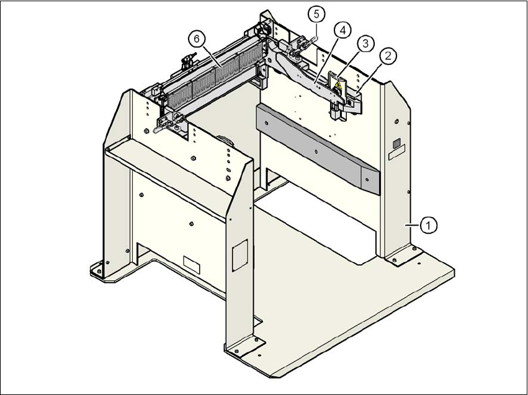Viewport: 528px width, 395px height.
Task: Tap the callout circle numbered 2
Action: click(388, 56)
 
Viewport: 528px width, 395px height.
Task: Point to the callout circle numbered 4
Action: click(343, 29)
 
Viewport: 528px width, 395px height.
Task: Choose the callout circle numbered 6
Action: click(196, 38)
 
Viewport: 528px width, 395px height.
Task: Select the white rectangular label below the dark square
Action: click(396, 151)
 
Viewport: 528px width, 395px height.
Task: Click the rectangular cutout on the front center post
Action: click(239, 255)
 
